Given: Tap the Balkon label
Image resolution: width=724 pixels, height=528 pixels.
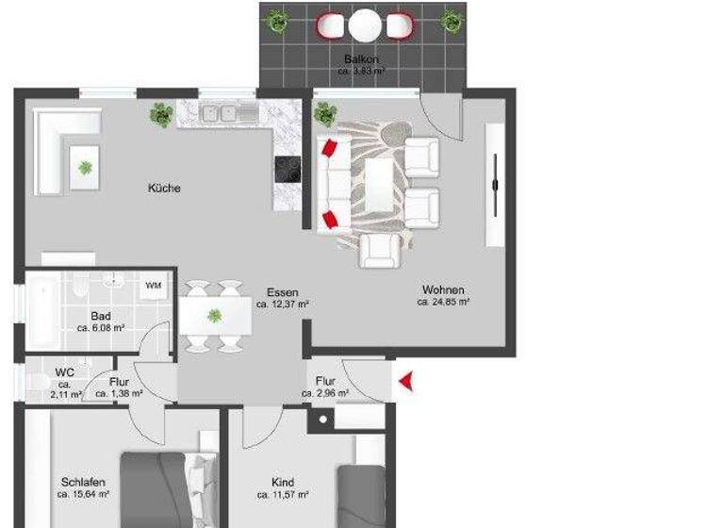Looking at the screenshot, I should point(361,59).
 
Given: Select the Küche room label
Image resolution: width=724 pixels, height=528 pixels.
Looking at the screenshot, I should point(164,188).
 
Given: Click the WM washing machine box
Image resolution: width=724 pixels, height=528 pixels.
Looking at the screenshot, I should point(154,284).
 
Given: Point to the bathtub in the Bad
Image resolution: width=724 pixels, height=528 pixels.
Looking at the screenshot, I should point(42,310).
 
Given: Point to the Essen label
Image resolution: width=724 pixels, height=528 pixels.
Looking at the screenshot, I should point(283,292).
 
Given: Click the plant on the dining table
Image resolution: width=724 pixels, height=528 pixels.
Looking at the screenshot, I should point(215,314).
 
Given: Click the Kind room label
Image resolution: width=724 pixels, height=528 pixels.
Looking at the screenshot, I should point(283,480).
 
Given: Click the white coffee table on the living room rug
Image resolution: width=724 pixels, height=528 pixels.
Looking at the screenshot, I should point(380,184).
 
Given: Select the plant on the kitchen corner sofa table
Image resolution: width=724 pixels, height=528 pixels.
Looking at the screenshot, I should point(86,168).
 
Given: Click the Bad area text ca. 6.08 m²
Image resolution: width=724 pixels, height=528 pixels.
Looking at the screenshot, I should point(101,329).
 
